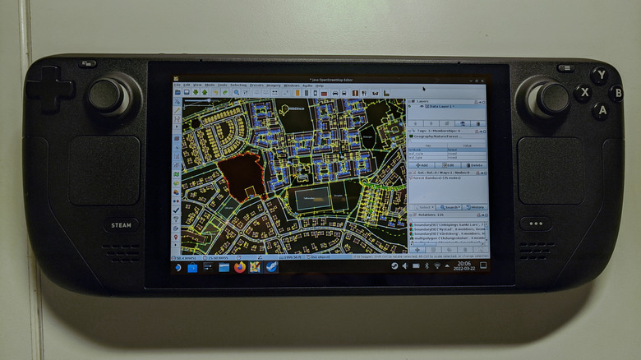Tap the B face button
(616, 92)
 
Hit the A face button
(600, 109)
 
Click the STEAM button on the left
(121, 224)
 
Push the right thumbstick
(553, 98)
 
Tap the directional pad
(50, 90)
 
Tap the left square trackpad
(104, 170)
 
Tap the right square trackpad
(551, 170)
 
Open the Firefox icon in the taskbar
(240, 267)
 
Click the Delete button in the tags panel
(474, 165)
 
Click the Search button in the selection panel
(449, 207)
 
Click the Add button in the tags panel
(422, 165)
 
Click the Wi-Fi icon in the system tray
(427, 266)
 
